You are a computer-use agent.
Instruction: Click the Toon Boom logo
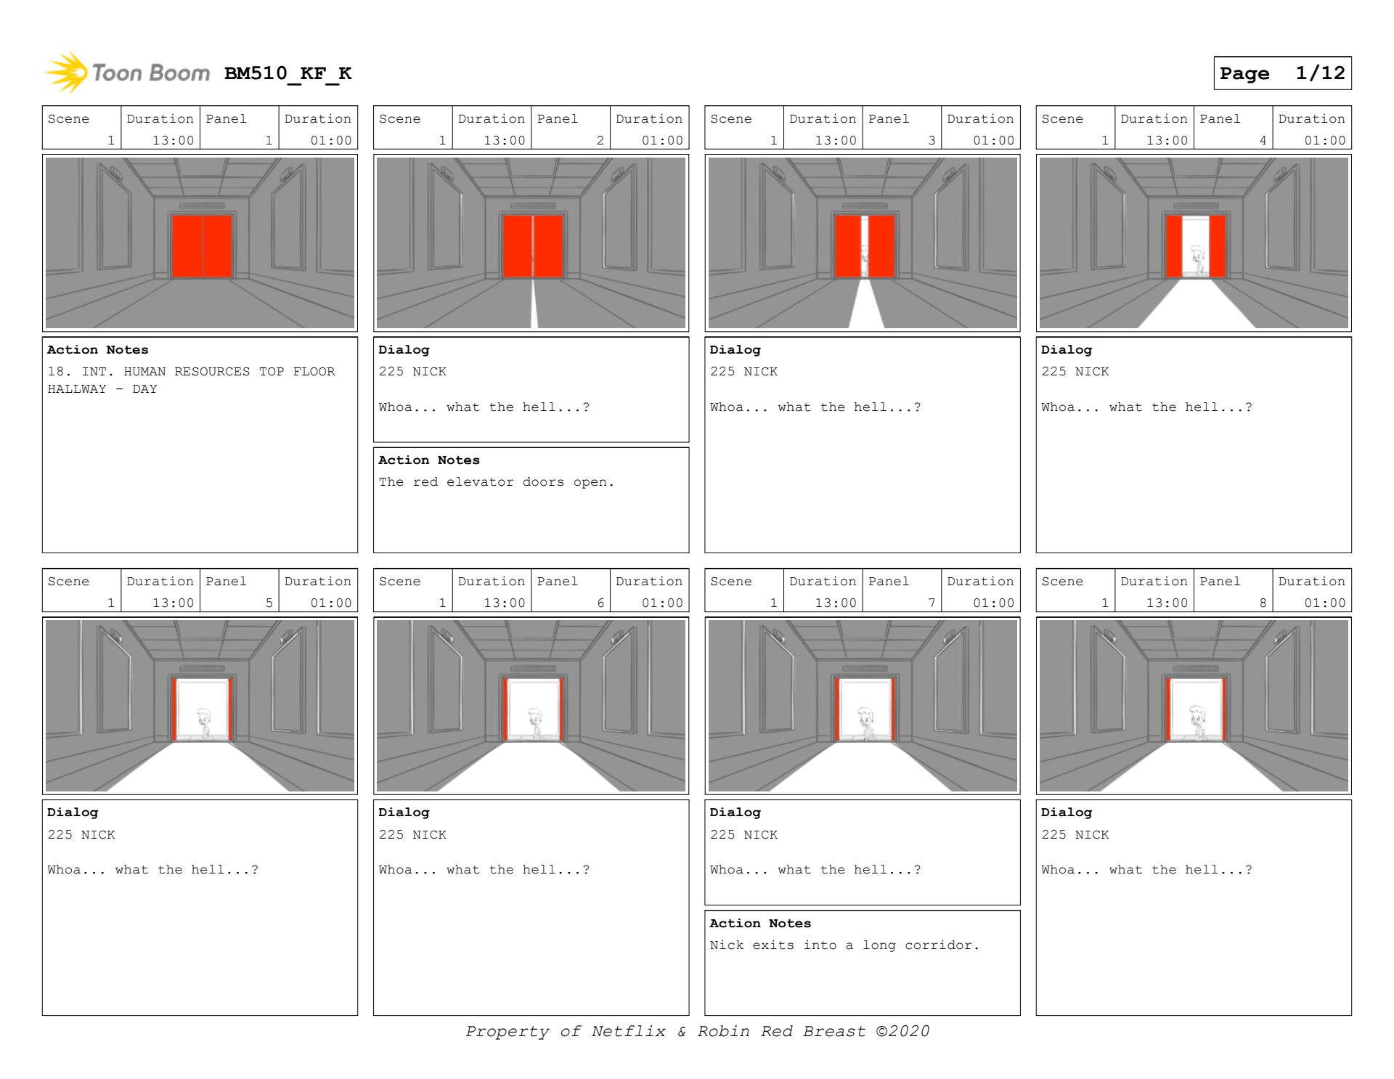(x=128, y=73)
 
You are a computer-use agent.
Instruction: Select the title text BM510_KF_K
(x=288, y=73)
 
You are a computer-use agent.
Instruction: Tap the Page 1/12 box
(x=1282, y=73)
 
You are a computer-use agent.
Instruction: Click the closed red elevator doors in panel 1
(x=202, y=245)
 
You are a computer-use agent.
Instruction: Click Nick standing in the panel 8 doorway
(x=1197, y=722)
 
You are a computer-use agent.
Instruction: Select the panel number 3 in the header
(x=932, y=140)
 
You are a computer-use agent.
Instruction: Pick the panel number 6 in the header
(x=600, y=603)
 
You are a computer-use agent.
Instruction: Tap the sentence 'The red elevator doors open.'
(x=496, y=481)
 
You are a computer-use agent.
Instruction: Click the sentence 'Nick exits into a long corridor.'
(x=844, y=945)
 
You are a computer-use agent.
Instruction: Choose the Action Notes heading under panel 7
(x=760, y=923)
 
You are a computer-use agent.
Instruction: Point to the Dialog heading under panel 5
(x=73, y=812)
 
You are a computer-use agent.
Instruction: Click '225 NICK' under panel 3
(x=743, y=371)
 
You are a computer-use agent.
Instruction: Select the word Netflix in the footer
(x=628, y=1031)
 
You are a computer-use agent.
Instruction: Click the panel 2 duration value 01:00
(x=662, y=140)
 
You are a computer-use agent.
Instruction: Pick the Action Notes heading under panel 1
(x=98, y=349)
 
